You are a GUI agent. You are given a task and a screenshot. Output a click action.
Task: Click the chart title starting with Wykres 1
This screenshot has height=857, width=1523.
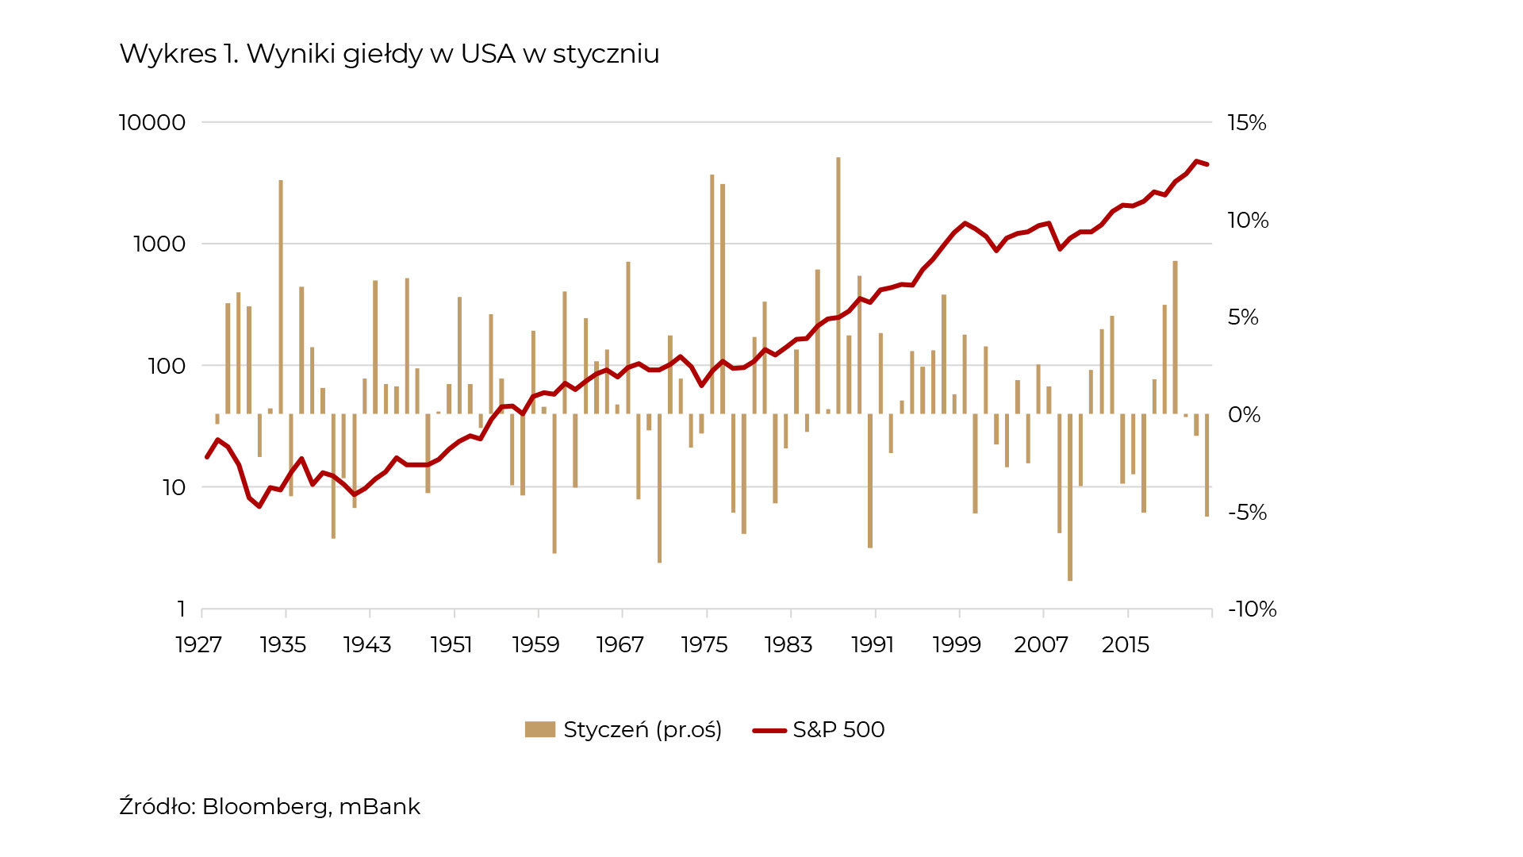[389, 54]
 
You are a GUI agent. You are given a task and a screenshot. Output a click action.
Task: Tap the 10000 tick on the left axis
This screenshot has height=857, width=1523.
[152, 123]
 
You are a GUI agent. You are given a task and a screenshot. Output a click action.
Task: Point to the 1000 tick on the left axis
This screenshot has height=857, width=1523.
[159, 244]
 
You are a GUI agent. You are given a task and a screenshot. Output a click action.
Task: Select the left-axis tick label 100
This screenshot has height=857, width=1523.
[167, 366]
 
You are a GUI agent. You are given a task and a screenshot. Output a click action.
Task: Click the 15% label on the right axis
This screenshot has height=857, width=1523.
[1246, 123]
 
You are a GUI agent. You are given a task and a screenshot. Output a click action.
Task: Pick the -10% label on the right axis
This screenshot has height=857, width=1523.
[1252, 609]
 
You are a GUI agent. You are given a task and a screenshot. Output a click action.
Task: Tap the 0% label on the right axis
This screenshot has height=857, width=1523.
[1243, 415]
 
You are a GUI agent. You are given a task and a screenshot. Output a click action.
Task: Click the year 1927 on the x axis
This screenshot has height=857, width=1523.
[198, 644]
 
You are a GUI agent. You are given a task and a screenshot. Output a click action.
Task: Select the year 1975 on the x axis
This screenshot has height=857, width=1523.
[704, 644]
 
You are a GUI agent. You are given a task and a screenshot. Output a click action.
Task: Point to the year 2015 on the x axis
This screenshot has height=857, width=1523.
[1125, 644]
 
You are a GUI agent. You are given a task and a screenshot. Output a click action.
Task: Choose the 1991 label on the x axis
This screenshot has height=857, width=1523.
[872, 644]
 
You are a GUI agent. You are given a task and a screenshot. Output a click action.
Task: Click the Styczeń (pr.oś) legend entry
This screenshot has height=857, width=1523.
[642, 730]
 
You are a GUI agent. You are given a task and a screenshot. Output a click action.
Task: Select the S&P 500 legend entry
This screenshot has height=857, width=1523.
[838, 730]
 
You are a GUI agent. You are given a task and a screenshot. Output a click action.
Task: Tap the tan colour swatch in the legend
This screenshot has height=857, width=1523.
[539, 730]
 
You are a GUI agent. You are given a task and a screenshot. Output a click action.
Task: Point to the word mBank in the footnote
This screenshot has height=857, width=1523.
[379, 807]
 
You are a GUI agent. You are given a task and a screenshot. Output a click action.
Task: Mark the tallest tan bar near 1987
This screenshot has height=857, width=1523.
[838, 286]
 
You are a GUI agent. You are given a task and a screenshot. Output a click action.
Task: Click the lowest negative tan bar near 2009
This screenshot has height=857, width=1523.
[1070, 498]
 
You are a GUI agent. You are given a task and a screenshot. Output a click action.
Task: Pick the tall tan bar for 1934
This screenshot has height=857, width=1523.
[281, 297]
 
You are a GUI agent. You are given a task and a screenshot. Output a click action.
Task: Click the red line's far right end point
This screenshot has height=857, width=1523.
[1207, 164]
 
